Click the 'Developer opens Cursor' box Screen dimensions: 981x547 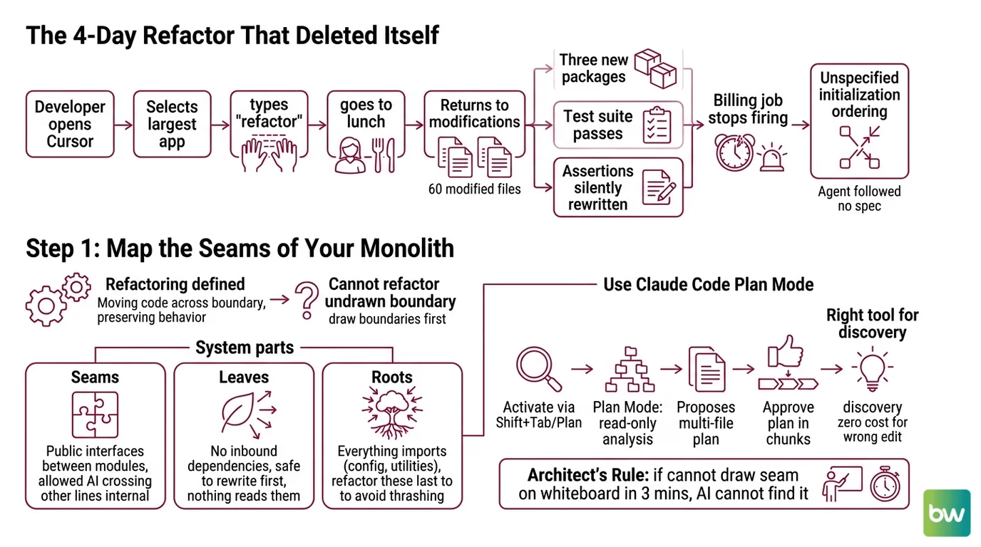click(70, 124)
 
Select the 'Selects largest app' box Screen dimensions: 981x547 click(172, 124)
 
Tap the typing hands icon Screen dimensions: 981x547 click(269, 155)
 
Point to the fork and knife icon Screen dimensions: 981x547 click(384, 155)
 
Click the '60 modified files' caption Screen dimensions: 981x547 click(474, 189)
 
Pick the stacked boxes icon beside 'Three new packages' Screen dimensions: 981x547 click(656, 68)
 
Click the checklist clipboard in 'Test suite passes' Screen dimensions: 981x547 click(657, 125)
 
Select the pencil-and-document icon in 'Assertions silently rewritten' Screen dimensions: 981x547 click(659, 187)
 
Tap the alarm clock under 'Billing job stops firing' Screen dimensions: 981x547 click(735, 152)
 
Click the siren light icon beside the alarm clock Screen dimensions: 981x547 click(771, 157)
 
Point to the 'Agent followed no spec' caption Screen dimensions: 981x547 click(859, 199)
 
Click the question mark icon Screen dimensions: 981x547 click(307, 300)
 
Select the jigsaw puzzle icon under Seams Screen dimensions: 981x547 click(95, 415)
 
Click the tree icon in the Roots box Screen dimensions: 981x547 click(392, 412)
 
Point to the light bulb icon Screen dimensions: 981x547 click(872, 369)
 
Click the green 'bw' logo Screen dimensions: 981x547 click(947, 513)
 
